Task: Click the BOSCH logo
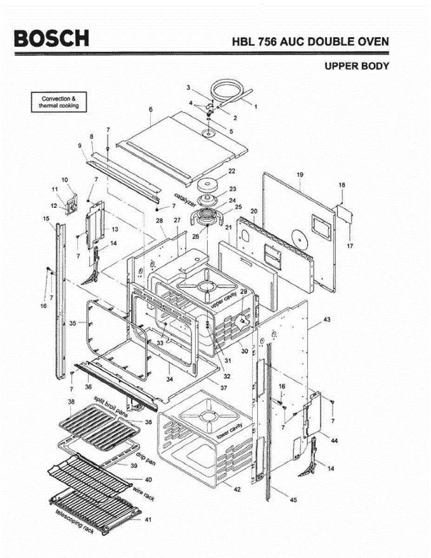point(52,38)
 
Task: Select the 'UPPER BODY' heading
point(357,66)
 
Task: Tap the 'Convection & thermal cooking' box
point(59,102)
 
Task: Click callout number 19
point(300,175)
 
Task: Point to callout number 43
point(327,319)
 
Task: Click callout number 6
point(151,109)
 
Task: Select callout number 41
point(148,520)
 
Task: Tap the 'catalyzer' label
point(185,200)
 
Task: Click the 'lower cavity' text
point(230,432)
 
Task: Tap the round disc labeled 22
point(207,184)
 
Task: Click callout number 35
point(73,323)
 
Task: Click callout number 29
point(243,292)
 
